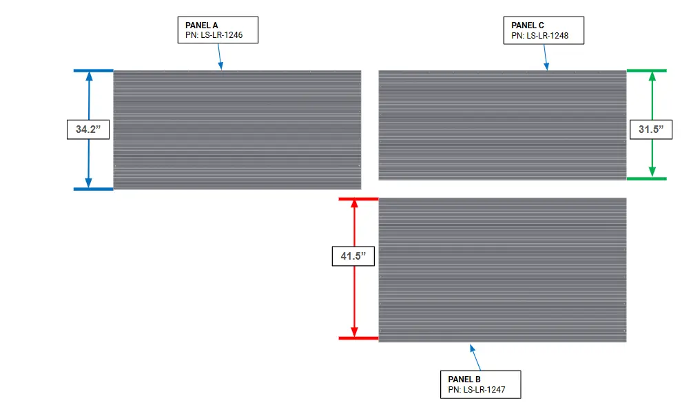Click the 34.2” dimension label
click(88, 129)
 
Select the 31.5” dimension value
click(651, 129)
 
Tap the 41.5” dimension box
click(354, 257)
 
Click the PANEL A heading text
click(202, 25)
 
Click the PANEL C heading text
click(528, 25)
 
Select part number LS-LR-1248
click(539, 34)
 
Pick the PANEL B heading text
click(464, 380)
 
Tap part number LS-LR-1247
click(476, 389)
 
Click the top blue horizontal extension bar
click(93, 70)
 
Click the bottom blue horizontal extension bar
click(93, 189)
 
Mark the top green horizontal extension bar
click(646, 70)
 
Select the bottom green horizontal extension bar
click(646, 178)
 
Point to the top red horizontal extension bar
click(358, 199)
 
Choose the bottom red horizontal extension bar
click(358, 338)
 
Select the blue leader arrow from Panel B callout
click(475, 357)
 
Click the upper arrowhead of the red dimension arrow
click(354, 205)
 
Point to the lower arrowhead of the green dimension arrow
click(652, 172)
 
